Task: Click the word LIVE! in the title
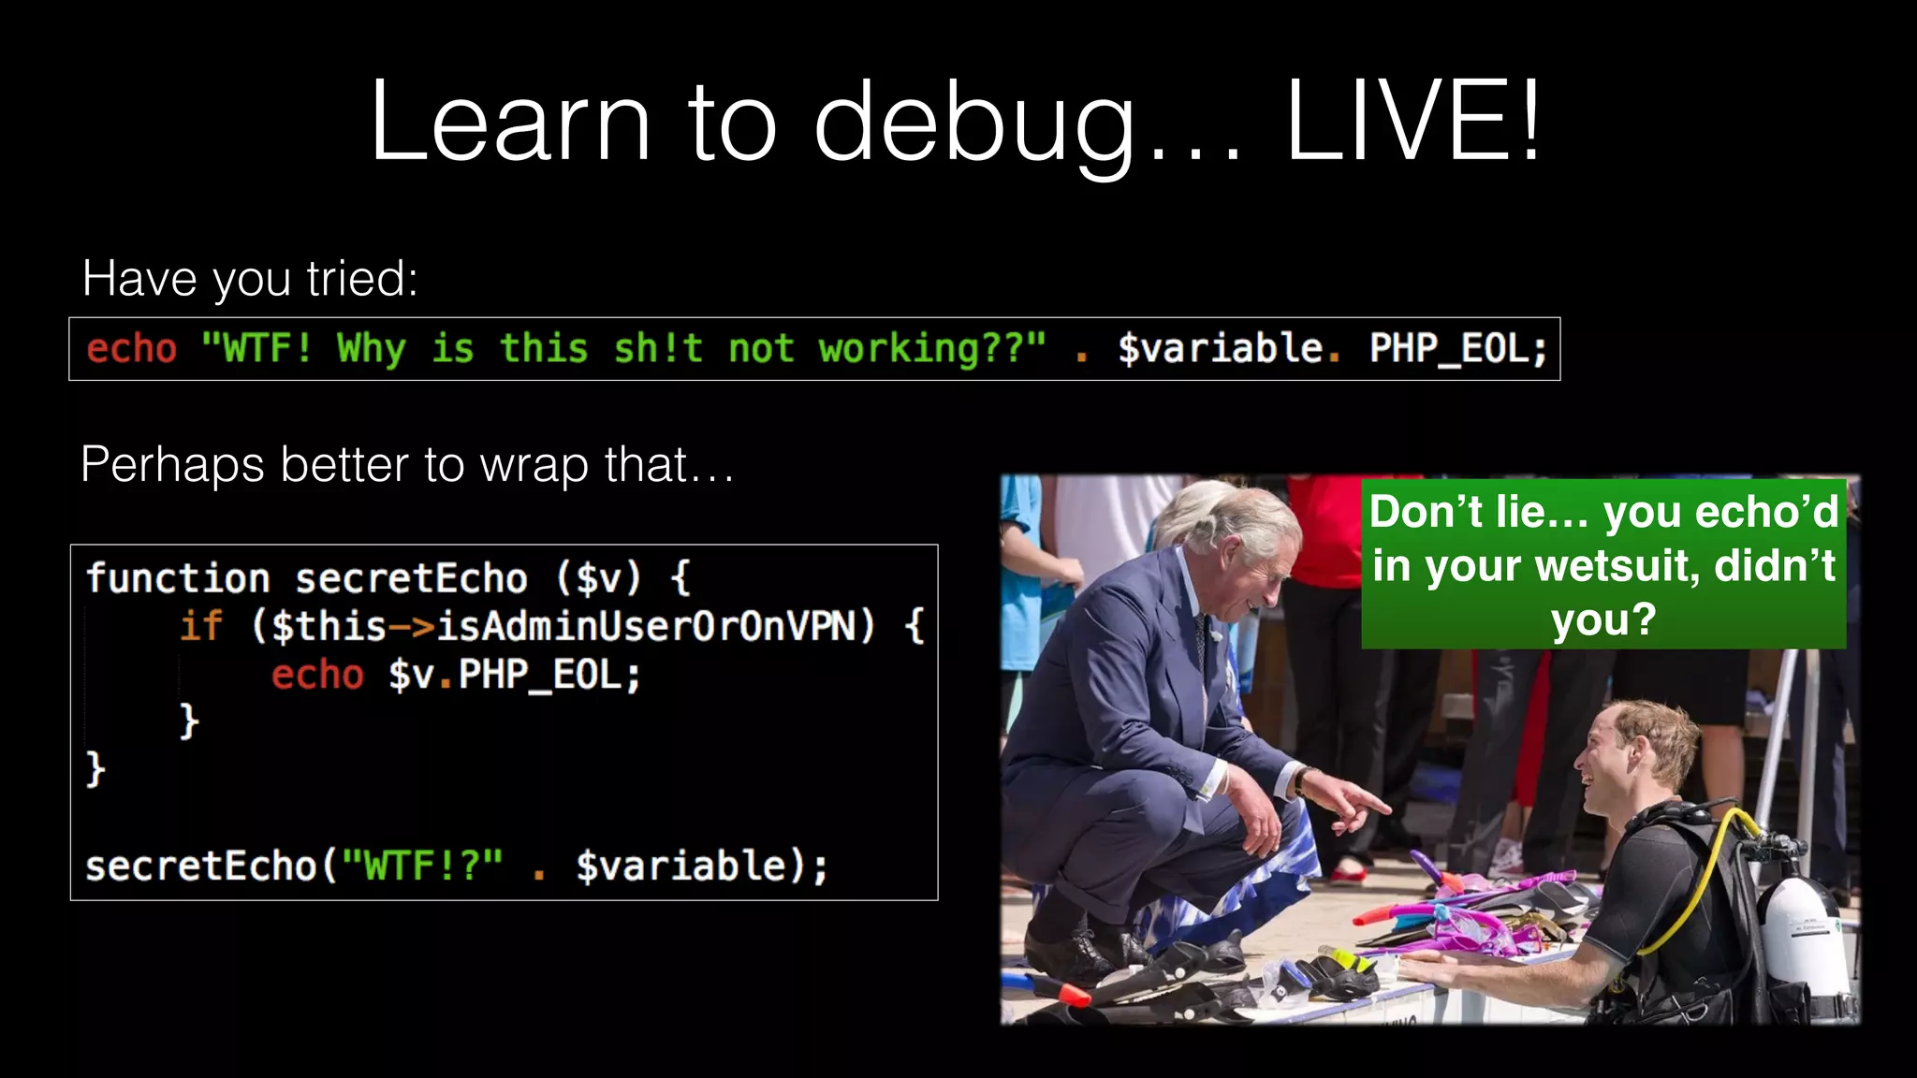(x=1413, y=122)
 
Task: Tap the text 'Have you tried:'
(x=250, y=278)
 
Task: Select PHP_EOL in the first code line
(x=1457, y=348)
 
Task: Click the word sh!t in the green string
(x=657, y=348)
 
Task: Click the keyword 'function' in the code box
(x=178, y=578)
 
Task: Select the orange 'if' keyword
(x=201, y=626)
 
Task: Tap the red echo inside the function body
(x=317, y=675)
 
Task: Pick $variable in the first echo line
(x=1221, y=348)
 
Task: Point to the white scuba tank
(x=1807, y=945)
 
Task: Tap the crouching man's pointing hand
(x=1353, y=805)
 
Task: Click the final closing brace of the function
(x=95, y=769)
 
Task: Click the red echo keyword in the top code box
(x=131, y=348)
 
